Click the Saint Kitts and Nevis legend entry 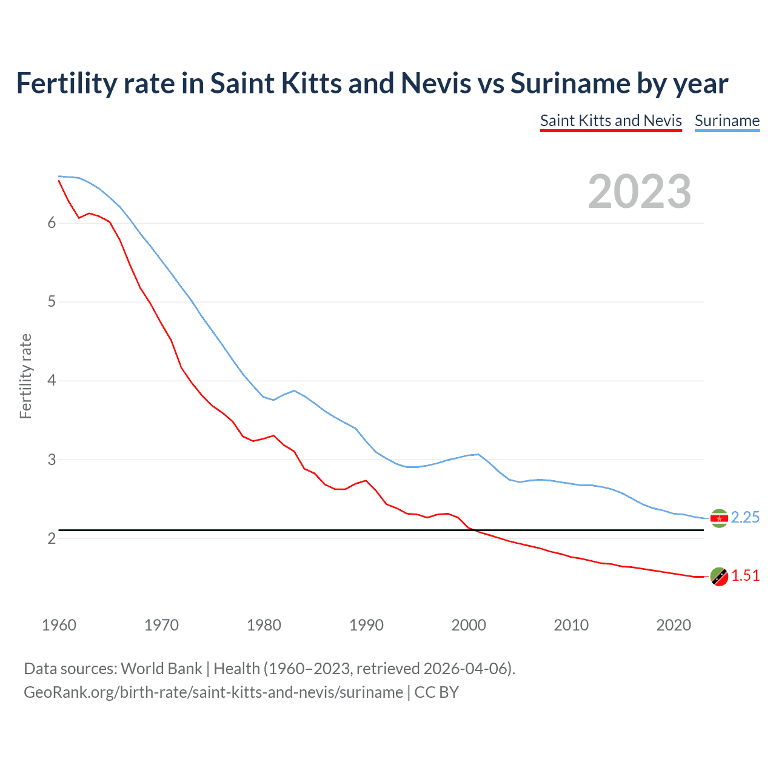click(x=610, y=121)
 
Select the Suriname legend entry click(x=727, y=121)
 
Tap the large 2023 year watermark click(x=639, y=192)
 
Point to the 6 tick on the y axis click(x=52, y=223)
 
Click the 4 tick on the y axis click(x=52, y=381)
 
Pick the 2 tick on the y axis click(x=52, y=538)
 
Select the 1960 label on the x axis click(x=59, y=625)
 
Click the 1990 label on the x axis click(x=366, y=625)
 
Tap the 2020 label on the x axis click(x=674, y=625)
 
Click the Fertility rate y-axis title click(x=25, y=376)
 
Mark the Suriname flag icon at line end click(x=719, y=518)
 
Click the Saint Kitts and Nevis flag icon click(x=719, y=577)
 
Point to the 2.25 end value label click(x=745, y=517)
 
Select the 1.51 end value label click(x=745, y=575)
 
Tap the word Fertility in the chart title click(x=66, y=84)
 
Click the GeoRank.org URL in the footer click(x=213, y=692)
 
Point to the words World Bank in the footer click(x=161, y=669)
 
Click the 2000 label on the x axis click(x=469, y=625)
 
